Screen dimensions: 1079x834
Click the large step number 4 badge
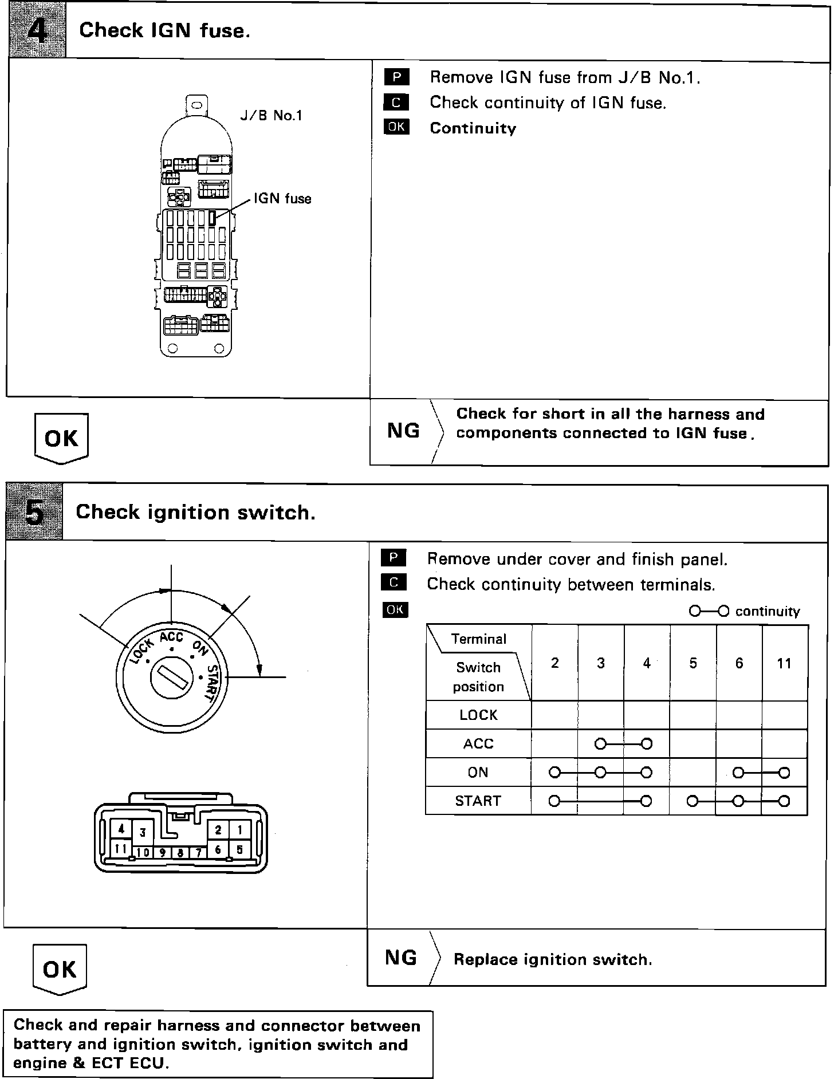point(37,29)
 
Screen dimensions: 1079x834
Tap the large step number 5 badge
point(34,511)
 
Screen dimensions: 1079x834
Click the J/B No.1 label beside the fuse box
point(270,116)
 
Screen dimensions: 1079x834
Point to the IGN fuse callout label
point(282,199)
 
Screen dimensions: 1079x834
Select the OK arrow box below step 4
point(61,438)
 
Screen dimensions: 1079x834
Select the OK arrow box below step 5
point(60,969)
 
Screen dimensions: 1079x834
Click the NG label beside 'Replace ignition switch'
point(401,957)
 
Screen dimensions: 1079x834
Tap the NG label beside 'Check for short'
point(403,430)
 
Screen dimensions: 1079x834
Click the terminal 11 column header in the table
point(784,663)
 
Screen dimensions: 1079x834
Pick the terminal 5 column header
point(693,663)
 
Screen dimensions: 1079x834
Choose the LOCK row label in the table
point(478,715)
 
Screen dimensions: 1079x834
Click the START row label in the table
point(478,801)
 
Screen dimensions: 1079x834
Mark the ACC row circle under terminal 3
point(600,744)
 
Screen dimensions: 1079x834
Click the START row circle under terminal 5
point(693,801)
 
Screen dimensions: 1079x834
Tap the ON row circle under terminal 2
point(554,773)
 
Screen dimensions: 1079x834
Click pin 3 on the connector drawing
point(143,832)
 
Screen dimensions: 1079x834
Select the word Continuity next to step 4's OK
point(473,128)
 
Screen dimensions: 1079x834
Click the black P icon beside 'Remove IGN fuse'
point(396,77)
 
